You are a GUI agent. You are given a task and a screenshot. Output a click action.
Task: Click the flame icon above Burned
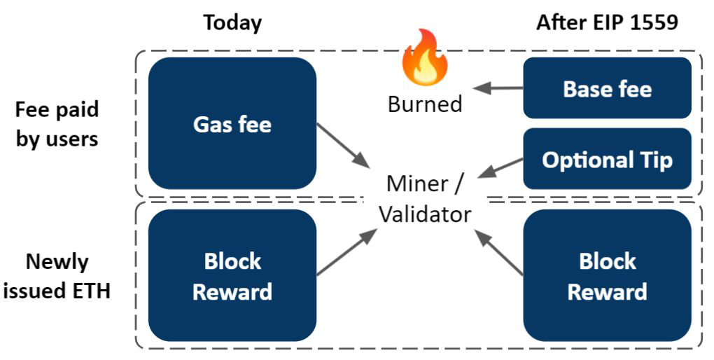click(425, 57)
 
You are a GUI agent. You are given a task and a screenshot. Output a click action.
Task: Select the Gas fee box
click(232, 124)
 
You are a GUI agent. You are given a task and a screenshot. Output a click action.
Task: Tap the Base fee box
click(607, 89)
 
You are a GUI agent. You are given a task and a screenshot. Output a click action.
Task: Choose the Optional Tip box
click(607, 160)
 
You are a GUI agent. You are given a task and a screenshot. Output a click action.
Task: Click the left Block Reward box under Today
click(232, 276)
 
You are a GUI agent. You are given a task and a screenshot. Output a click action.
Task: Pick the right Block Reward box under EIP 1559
click(607, 276)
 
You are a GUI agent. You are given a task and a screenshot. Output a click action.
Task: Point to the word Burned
click(425, 104)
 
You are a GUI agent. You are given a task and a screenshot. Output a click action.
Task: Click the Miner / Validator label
click(425, 199)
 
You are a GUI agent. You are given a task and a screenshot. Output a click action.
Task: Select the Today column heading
click(232, 22)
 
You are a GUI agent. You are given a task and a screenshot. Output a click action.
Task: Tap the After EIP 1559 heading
click(607, 22)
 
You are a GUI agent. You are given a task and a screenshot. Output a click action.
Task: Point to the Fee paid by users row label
click(57, 124)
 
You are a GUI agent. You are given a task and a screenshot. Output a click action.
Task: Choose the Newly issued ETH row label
click(57, 276)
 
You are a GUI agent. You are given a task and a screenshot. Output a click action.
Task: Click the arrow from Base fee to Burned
click(498, 88)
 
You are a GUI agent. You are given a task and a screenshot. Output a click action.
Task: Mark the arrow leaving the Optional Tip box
click(503, 167)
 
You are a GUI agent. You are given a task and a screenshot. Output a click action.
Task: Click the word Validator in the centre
click(425, 214)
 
